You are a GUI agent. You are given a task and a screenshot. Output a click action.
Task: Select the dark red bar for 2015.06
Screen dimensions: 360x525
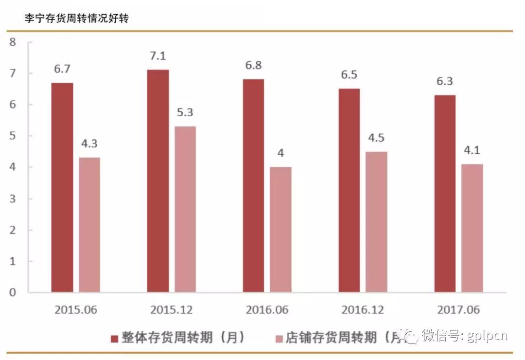coord(62,187)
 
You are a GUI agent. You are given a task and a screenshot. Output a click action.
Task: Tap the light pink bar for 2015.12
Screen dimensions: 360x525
coord(185,209)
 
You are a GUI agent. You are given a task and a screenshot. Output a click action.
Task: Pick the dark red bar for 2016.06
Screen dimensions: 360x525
coord(253,185)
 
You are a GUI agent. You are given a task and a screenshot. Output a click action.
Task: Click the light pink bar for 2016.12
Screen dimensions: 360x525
coord(376,222)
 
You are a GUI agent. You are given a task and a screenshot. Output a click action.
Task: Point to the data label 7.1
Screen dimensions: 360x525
coord(158,56)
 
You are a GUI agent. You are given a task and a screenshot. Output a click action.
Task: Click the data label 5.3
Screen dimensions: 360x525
coord(185,112)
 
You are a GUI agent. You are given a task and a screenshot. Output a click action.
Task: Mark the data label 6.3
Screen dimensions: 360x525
coord(445,81)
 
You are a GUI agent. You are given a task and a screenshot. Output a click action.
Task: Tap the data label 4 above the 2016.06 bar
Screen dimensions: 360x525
coord(281,153)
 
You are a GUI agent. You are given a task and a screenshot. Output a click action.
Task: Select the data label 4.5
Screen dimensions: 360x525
coord(376,138)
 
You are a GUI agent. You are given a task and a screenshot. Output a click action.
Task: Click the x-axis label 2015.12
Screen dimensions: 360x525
coord(172,310)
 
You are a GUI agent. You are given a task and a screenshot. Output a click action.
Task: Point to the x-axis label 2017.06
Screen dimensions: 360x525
coord(458,310)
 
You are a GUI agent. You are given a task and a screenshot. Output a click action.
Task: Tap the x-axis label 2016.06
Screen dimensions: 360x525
coord(267,310)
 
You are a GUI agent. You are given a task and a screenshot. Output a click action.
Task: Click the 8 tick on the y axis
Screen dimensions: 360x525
coord(13,42)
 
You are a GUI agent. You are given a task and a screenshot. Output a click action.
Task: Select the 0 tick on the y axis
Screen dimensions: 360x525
coord(13,292)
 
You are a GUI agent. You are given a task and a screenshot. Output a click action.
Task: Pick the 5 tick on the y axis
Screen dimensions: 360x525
coord(13,136)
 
